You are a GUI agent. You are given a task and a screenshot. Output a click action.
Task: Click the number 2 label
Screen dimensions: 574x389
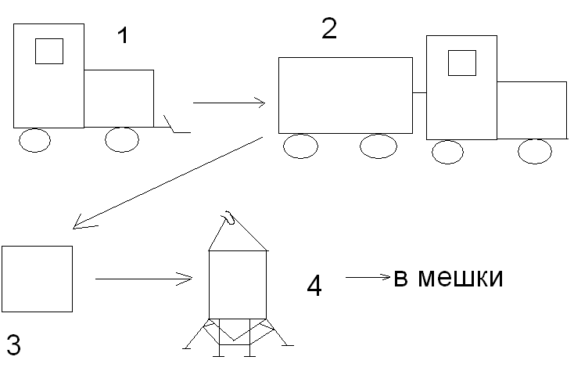click(329, 29)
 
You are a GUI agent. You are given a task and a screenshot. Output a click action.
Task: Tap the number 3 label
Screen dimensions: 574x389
click(13, 345)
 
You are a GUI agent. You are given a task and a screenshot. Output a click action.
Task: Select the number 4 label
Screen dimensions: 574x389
click(314, 286)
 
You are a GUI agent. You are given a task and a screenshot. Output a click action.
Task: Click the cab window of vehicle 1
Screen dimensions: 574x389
click(49, 51)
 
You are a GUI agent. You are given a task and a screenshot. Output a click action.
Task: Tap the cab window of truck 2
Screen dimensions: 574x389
click(461, 63)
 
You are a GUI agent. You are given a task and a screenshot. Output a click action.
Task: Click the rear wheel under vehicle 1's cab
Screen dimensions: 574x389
click(34, 140)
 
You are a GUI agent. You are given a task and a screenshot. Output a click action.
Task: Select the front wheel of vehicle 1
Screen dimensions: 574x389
click(122, 139)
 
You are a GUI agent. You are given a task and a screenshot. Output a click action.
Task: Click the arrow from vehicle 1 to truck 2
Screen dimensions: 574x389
click(229, 103)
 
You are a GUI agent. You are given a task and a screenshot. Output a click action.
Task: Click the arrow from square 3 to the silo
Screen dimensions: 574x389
click(144, 278)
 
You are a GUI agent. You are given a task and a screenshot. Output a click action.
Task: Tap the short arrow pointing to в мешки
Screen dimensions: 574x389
click(368, 276)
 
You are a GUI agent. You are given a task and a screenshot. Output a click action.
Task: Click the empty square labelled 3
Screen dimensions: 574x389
click(37, 279)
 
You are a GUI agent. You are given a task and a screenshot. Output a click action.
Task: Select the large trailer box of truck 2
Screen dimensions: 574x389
click(345, 95)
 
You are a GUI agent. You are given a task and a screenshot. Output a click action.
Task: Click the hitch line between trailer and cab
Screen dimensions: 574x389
click(419, 92)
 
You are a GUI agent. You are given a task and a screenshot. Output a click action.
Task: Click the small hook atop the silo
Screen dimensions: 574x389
click(229, 217)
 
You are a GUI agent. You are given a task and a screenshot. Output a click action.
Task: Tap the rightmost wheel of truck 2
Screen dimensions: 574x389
click(535, 151)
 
